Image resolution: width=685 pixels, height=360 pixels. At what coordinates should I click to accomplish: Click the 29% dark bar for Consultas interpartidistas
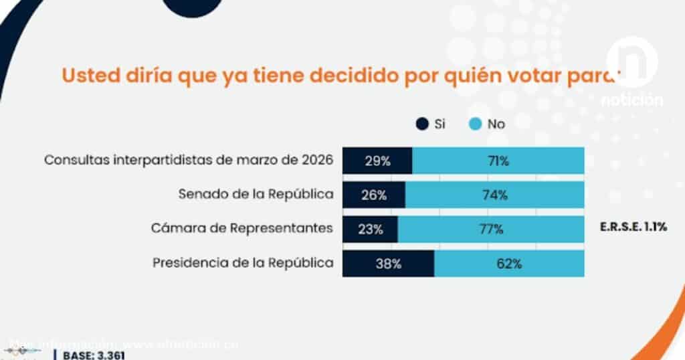[377, 161]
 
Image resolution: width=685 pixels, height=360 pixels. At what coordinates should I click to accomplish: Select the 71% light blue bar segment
[498, 161]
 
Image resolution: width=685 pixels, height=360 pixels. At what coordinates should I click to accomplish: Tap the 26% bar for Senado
[374, 195]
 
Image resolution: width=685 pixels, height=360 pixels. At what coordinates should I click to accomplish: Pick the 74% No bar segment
[495, 195]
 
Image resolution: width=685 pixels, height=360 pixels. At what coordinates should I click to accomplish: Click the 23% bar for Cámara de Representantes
[370, 229]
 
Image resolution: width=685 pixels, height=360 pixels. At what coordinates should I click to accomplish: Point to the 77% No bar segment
[491, 229]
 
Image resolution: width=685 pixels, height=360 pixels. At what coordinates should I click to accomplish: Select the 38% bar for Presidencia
[388, 263]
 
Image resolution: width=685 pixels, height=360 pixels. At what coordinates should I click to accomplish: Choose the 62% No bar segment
[509, 263]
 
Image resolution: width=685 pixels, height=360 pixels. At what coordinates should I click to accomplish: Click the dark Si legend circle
[422, 124]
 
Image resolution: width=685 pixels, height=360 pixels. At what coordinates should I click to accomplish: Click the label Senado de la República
[256, 195]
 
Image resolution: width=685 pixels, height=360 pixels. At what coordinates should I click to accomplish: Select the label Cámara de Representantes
[243, 228]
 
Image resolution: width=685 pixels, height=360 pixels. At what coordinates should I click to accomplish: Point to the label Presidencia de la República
[243, 262]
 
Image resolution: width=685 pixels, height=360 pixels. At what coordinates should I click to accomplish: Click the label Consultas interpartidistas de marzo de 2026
[188, 161]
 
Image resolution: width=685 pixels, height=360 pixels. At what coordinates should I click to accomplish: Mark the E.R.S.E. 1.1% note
[633, 228]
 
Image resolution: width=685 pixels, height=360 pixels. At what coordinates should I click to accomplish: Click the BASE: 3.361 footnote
[94, 355]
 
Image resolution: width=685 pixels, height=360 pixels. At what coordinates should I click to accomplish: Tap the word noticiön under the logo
[631, 100]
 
